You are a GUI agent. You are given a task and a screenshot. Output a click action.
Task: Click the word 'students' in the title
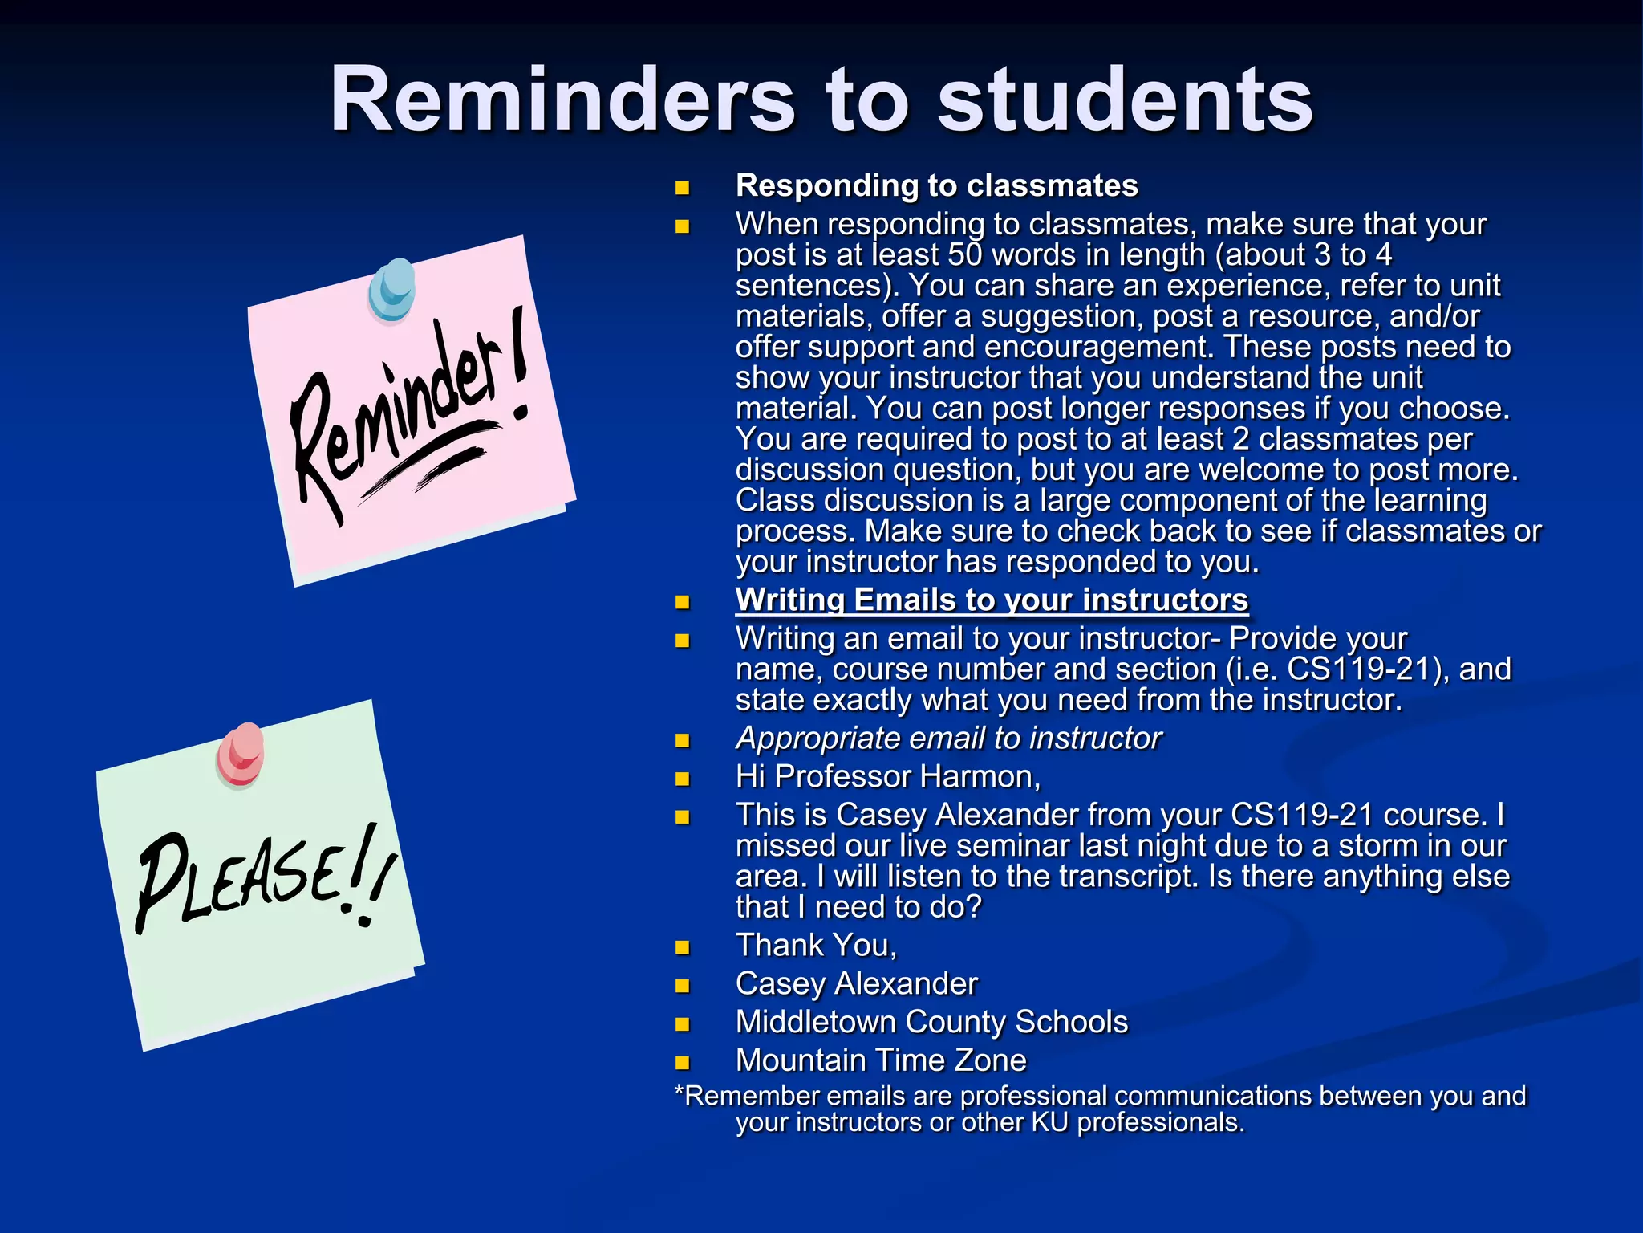tap(1125, 100)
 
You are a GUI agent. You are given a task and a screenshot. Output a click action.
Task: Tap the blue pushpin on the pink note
tap(392, 288)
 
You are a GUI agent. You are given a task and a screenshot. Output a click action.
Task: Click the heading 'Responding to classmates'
tap(936, 185)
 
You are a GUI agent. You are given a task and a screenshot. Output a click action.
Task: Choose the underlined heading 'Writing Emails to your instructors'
tap(992, 600)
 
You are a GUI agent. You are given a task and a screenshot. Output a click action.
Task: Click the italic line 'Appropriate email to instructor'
tap(948, 738)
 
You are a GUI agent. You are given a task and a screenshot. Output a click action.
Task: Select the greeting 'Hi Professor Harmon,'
tap(888, 776)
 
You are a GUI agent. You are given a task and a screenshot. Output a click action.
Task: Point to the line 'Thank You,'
tap(816, 945)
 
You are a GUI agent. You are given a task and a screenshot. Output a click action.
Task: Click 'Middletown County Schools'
tap(931, 1022)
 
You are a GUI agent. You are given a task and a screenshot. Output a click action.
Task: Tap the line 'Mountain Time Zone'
tap(881, 1060)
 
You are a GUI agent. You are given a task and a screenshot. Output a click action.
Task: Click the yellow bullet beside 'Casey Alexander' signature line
tap(683, 986)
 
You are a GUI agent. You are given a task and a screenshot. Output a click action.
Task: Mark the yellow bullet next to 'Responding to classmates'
tap(683, 189)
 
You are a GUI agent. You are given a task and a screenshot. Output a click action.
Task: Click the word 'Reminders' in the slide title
tap(562, 100)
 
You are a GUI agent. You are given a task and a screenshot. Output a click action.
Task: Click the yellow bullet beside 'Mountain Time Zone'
tap(683, 1063)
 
